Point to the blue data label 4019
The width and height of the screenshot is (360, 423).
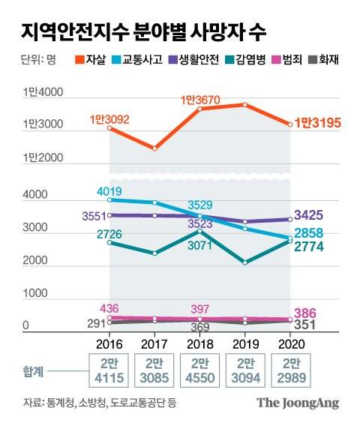pos(109,190)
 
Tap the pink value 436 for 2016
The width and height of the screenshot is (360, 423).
pos(110,308)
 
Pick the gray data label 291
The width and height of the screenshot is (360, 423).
pos(94,323)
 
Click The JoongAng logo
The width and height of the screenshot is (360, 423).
pos(298,403)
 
